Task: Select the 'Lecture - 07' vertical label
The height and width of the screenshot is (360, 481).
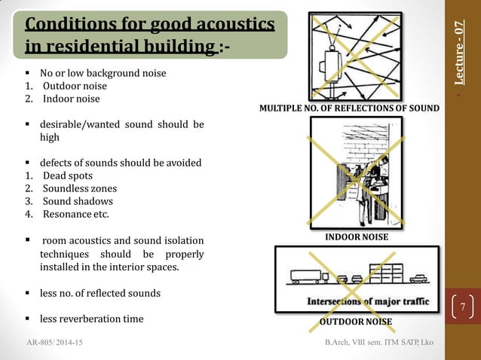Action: coord(460,52)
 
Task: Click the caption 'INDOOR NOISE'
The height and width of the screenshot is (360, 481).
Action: coord(357,237)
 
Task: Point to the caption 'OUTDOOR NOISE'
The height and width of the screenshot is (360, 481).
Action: coord(356,322)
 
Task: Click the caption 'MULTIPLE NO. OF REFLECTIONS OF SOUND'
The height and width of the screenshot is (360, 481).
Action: coord(349,108)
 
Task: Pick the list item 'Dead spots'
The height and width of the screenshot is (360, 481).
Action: coord(68,175)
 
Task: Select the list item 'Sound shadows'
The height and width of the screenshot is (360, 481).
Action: coord(78,201)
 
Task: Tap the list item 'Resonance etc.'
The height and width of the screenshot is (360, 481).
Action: coord(76,214)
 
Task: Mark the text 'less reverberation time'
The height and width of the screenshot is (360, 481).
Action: coord(91,319)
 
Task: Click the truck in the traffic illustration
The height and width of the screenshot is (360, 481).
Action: coord(309,276)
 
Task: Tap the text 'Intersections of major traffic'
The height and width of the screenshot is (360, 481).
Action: coord(368,301)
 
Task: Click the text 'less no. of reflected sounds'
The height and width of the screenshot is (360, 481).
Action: coord(100,292)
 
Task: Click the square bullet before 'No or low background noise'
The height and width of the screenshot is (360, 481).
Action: coord(28,73)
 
